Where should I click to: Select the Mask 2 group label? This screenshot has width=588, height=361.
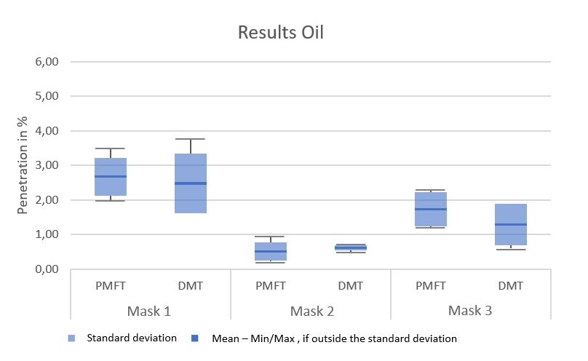[311, 311]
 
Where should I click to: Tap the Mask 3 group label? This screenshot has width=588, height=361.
[470, 310]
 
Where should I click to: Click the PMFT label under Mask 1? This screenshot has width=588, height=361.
[111, 286]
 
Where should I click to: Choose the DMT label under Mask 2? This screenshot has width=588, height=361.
[351, 286]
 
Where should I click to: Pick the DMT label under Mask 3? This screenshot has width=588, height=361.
[510, 286]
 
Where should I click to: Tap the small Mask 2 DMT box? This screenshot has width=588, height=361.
[351, 247]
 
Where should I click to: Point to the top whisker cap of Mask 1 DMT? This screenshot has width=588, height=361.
[191, 139]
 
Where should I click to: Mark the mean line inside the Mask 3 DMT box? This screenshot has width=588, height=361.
[511, 224]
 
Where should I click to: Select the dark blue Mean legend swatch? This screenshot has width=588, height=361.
[195, 338]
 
